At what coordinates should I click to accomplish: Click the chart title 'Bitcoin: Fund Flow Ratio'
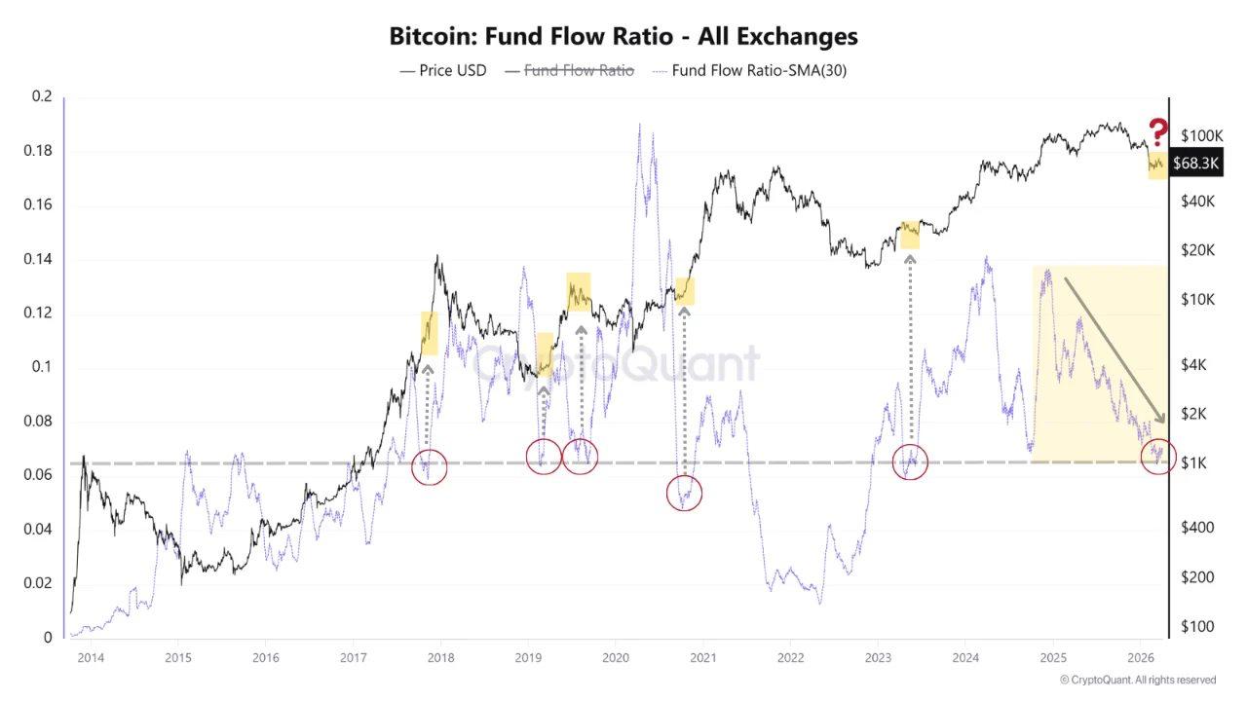(623, 37)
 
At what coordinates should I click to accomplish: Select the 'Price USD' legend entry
(443, 70)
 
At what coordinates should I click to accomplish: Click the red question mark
(1157, 131)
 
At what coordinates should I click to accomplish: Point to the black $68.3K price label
(1195, 164)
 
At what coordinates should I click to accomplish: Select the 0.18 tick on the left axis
(41, 151)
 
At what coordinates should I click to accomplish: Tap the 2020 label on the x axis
(615, 658)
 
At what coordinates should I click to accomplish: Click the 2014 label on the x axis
(91, 658)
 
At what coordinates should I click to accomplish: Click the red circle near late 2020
(684, 494)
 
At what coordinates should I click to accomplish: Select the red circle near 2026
(1158, 455)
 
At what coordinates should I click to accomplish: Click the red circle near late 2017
(429, 467)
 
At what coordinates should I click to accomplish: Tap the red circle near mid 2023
(911, 461)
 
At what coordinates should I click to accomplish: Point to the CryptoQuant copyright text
(1137, 680)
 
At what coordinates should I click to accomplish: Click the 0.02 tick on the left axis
(41, 583)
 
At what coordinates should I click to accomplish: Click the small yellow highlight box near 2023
(909, 234)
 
